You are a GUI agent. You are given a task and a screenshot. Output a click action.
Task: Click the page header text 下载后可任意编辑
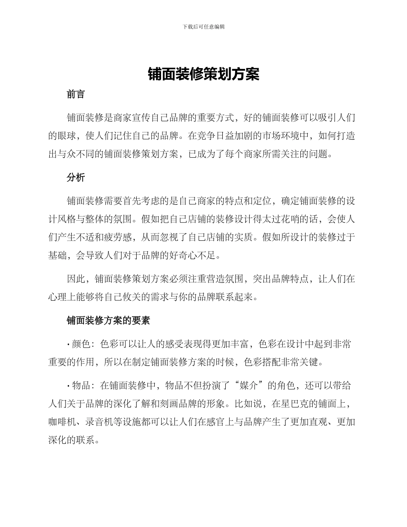pyautogui.click(x=203, y=27)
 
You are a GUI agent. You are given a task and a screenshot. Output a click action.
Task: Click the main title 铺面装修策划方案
pyautogui.click(x=203, y=74)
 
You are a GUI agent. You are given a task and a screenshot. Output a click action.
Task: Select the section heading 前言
pyautogui.click(x=76, y=94)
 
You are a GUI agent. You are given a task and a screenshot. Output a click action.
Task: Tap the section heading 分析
pyautogui.click(x=76, y=178)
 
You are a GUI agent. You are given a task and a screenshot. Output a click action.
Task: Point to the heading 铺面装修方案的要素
pyautogui.click(x=108, y=320)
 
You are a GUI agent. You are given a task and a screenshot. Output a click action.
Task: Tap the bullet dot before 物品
pyautogui.click(x=69, y=386)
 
